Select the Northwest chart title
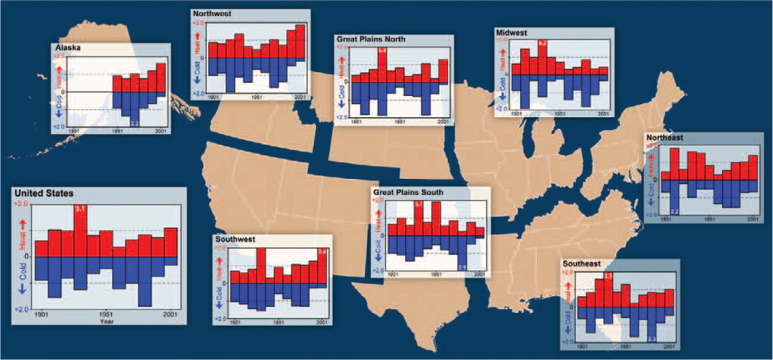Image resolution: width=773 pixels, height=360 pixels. [x=214, y=14]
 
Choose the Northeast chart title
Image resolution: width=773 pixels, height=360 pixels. [x=665, y=138]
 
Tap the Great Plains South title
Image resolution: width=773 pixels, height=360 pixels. [x=407, y=192]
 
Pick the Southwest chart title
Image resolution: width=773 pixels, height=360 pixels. [x=235, y=240]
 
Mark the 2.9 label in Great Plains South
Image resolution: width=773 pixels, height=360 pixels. [x=462, y=266]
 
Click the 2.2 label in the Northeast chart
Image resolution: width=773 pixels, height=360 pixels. [x=675, y=210]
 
